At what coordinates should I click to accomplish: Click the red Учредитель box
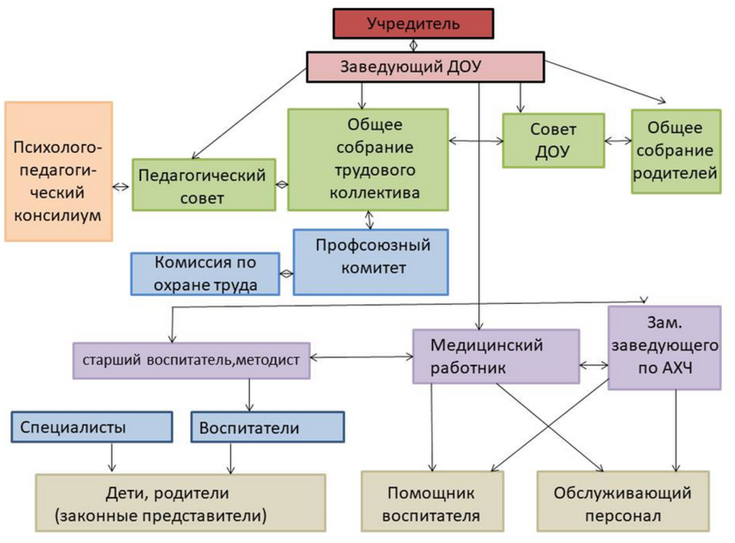(x=412, y=24)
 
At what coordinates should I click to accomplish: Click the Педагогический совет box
(x=204, y=185)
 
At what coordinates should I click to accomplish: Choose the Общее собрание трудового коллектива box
(x=367, y=159)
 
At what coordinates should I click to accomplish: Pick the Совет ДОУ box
(x=553, y=141)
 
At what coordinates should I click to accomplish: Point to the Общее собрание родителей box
(x=675, y=151)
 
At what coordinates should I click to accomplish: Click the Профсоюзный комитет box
(x=371, y=262)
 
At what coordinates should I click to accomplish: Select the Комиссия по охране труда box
(x=205, y=273)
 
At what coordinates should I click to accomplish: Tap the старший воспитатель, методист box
(x=192, y=359)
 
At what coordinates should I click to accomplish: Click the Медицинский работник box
(x=496, y=356)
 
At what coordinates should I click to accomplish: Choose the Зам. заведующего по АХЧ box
(x=664, y=348)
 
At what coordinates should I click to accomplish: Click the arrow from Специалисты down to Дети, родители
(x=112, y=457)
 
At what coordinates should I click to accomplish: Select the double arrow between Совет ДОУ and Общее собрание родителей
(x=617, y=142)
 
